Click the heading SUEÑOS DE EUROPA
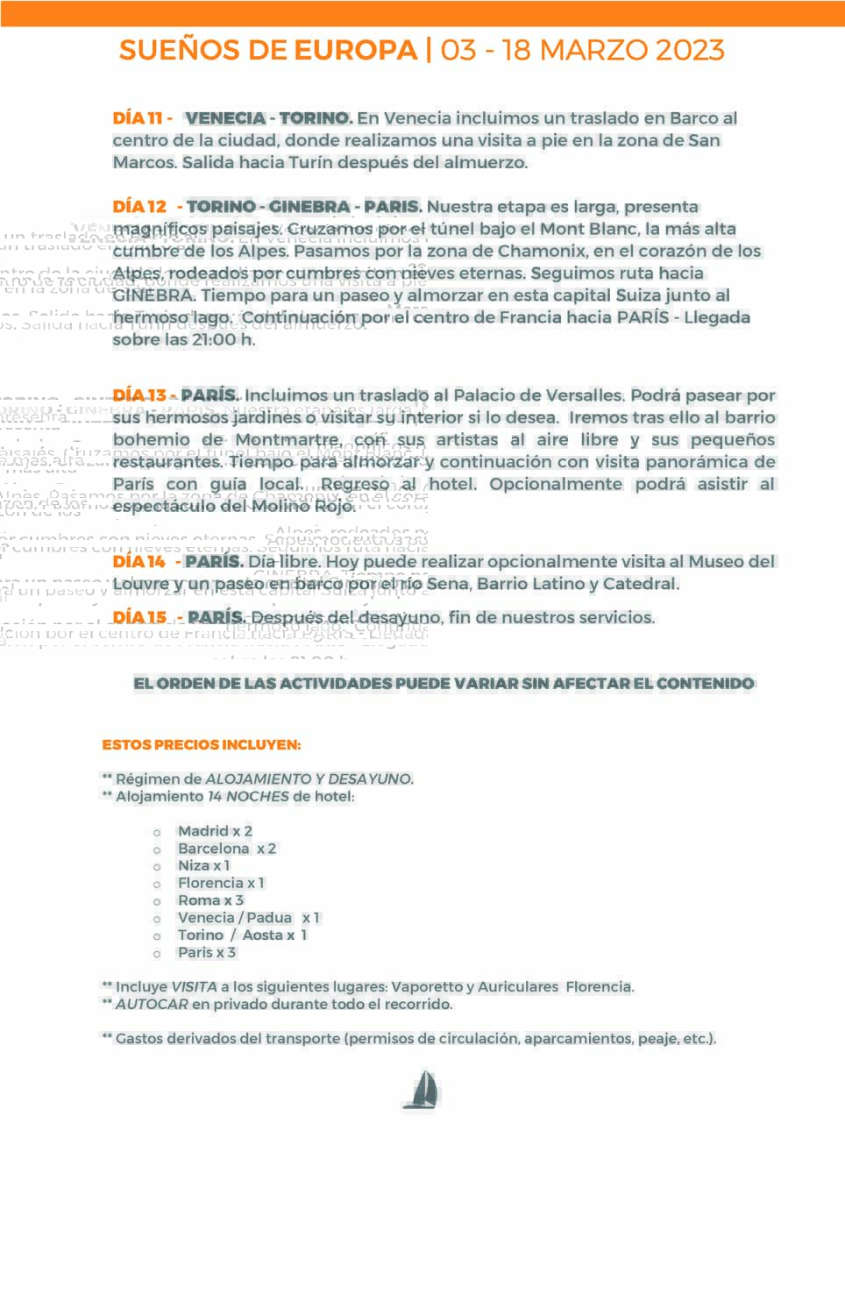[268, 50]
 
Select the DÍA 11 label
[138, 118]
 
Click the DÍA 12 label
[139, 207]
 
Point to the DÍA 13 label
[139, 395]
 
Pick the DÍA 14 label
[139, 561]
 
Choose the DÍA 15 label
[139, 617]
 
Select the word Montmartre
[287, 439]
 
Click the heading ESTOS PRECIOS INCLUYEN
[202, 744]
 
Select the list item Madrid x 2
[215, 830]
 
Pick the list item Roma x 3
[210, 899]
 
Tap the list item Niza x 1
[203, 865]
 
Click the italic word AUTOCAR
[152, 1004]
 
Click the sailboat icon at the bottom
[422, 1090]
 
